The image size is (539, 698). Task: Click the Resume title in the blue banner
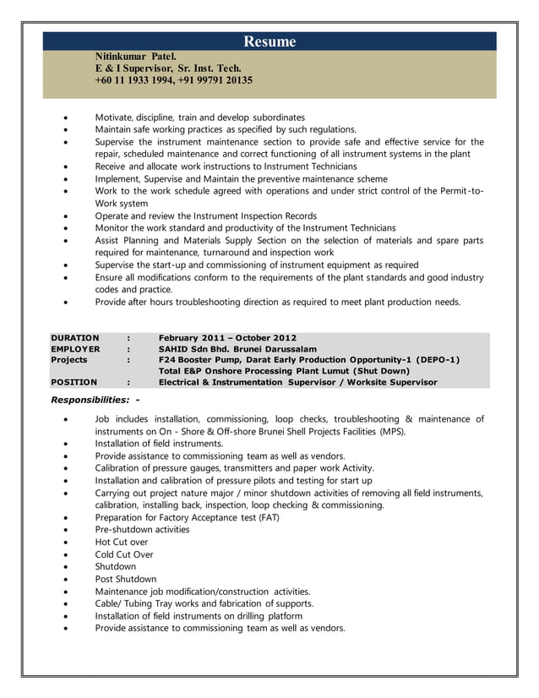tap(269, 41)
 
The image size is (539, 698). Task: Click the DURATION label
tap(74, 337)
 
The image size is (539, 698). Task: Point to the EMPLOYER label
tap(75, 348)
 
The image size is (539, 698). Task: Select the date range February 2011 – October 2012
tap(227, 337)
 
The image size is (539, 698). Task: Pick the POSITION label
tap(73, 382)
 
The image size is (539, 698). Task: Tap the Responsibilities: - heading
tap(95, 399)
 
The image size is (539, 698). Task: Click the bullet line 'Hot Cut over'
tap(121, 542)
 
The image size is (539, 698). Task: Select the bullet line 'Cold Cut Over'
tap(123, 554)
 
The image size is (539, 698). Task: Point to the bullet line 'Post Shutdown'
tap(125, 579)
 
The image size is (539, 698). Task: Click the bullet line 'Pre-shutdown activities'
tap(142, 529)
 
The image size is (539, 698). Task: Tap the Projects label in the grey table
tap(68, 359)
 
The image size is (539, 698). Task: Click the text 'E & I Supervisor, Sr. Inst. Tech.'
tap(168, 68)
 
